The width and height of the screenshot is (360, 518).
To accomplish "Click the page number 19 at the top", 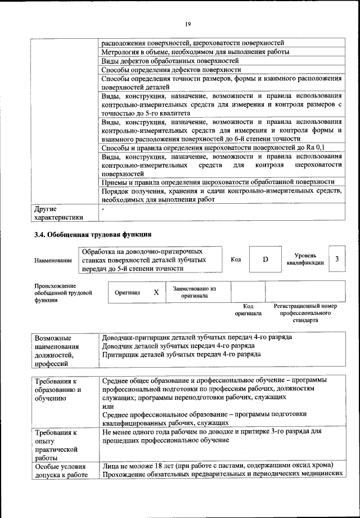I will [188, 23].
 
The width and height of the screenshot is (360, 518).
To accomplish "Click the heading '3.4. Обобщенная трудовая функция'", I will [92, 234].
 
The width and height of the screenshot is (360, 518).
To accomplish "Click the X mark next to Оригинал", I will [156, 293].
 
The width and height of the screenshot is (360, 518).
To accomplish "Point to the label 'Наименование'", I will [53, 261].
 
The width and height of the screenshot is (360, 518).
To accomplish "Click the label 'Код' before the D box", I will [236, 259].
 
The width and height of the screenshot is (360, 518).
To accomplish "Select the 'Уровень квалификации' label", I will [305, 259].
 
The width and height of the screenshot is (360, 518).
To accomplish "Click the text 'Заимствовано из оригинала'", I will [194, 292].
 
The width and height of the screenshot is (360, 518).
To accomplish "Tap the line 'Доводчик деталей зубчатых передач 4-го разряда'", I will [178, 346].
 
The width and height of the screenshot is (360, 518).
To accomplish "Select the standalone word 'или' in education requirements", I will [107, 406].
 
